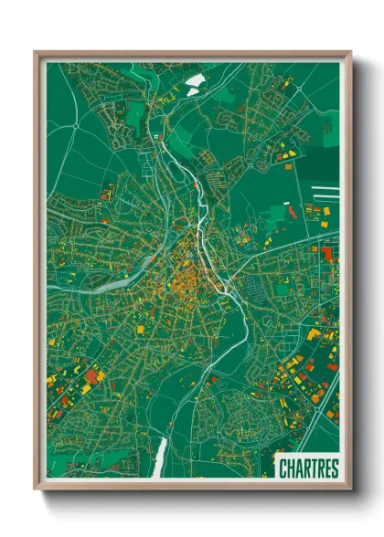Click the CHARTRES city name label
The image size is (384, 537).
(308, 469)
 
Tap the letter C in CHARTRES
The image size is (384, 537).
(283, 469)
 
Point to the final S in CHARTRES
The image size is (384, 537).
(334, 469)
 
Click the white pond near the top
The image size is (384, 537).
(194, 83)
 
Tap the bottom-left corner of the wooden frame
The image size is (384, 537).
(36, 490)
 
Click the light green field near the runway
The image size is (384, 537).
(274, 216)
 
